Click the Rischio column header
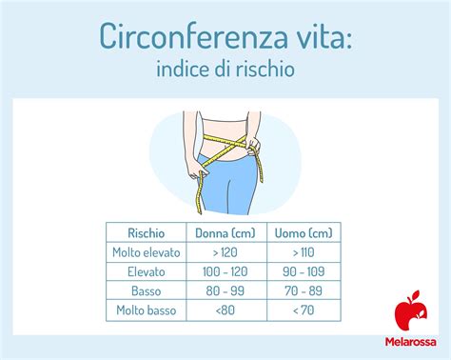pyautogui.click(x=147, y=232)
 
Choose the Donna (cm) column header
pyautogui.click(x=225, y=232)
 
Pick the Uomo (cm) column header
pyautogui.click(x=303, y=232)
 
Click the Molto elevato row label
pyautogui.click(x=147, y=251)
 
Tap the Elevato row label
pyautogui.click(x=147, y=270)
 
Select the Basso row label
pyautogui.click(x=147, y=290)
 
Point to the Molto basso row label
pyautogui.click(x=147, y=310)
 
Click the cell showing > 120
pyautogui.click(x=225, y=251)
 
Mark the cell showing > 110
pyautogui.click(x=303, y=251)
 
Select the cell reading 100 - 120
pyautogui.click(x=225, y=270)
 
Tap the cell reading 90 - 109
pyautogui.click(x=303, y=270)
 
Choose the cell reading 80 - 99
pyautogui.click(x=225, y=290)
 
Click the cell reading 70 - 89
pyautogui.click(x=303, y=290)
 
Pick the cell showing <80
pyautogui.click(x=225, y=310)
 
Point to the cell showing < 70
pyautogui.click(x=303, y=310)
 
